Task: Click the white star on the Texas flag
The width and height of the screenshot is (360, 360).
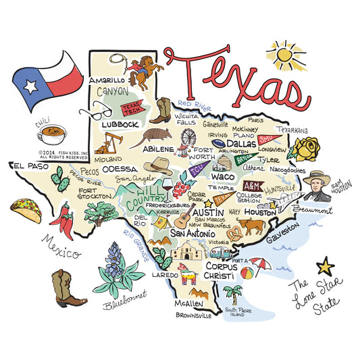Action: coord(30,86)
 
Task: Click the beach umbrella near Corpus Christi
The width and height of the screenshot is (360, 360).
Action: coord(261,265)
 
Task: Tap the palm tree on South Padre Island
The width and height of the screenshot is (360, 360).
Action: coord(233,294)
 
